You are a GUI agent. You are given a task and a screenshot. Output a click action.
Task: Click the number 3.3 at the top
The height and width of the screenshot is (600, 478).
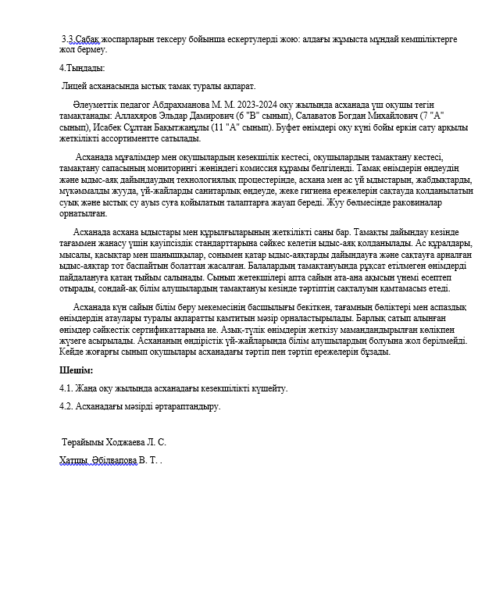click(x=68, y=38)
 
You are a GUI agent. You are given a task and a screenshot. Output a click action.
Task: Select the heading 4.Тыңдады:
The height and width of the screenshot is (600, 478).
click(x=82, y=68)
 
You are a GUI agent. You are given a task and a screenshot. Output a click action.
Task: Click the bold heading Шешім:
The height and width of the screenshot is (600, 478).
click(x=76, y=370)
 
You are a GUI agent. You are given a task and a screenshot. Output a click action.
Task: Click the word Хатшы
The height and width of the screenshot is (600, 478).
click(x=73, y=461)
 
